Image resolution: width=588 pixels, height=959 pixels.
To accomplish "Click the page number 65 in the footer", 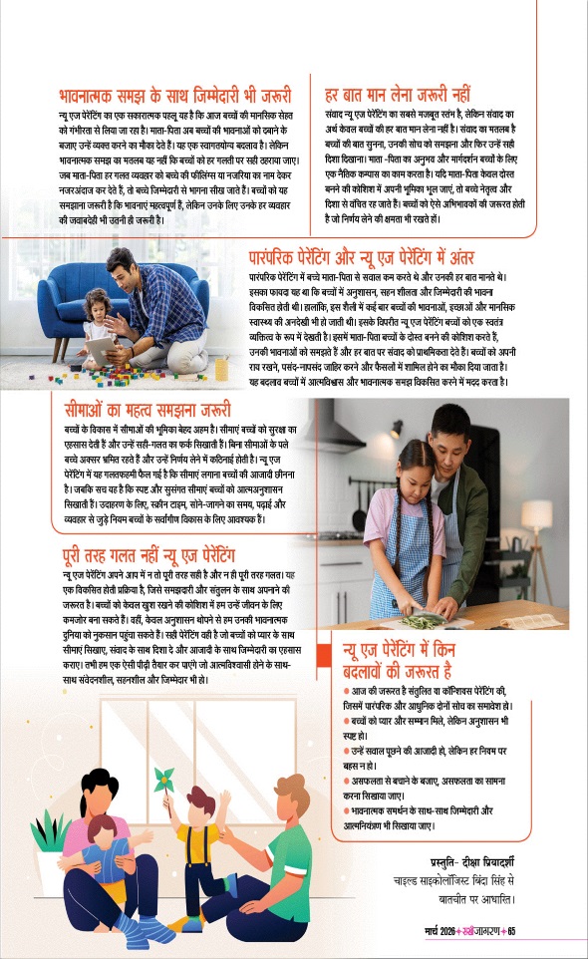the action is [x=510, y=933].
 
